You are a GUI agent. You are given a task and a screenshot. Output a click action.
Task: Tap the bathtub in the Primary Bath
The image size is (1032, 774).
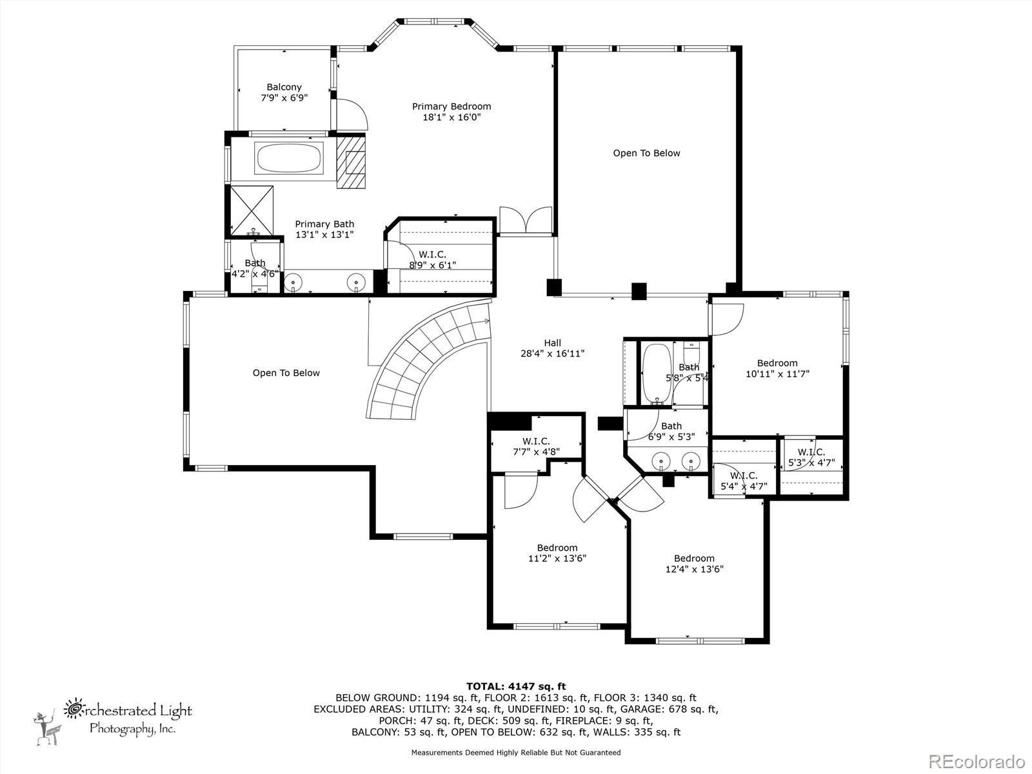pos(289,158)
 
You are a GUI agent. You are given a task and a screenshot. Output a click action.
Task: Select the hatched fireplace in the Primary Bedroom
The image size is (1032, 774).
pos(352,162)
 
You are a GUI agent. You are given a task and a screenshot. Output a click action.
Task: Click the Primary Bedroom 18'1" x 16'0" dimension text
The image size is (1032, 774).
pos(451,117)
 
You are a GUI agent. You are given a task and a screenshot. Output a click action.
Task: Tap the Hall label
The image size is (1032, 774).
pos(552,343)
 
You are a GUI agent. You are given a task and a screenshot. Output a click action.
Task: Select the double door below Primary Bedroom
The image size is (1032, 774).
pos(526,221)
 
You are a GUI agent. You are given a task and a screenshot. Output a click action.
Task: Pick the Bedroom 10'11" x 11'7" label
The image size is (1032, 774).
pos(777,368)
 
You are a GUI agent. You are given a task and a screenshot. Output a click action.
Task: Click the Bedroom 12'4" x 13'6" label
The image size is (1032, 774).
pos(694,564)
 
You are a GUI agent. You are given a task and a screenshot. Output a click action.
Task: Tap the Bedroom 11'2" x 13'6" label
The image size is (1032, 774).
pos(557,553)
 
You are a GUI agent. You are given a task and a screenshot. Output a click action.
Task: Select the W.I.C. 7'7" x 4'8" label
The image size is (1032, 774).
pos(535,446)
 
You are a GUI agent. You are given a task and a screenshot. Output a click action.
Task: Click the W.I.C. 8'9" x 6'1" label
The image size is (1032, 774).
pos(432,259)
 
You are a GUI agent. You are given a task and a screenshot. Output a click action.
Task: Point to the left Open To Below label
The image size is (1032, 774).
pos(286,373)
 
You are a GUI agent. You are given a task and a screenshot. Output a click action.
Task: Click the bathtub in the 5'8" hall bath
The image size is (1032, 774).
pos(657,373)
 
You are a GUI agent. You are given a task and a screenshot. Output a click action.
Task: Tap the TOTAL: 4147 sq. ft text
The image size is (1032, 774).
pos(515,686)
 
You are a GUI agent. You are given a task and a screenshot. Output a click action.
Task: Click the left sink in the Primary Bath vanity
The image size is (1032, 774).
pos(294,282)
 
